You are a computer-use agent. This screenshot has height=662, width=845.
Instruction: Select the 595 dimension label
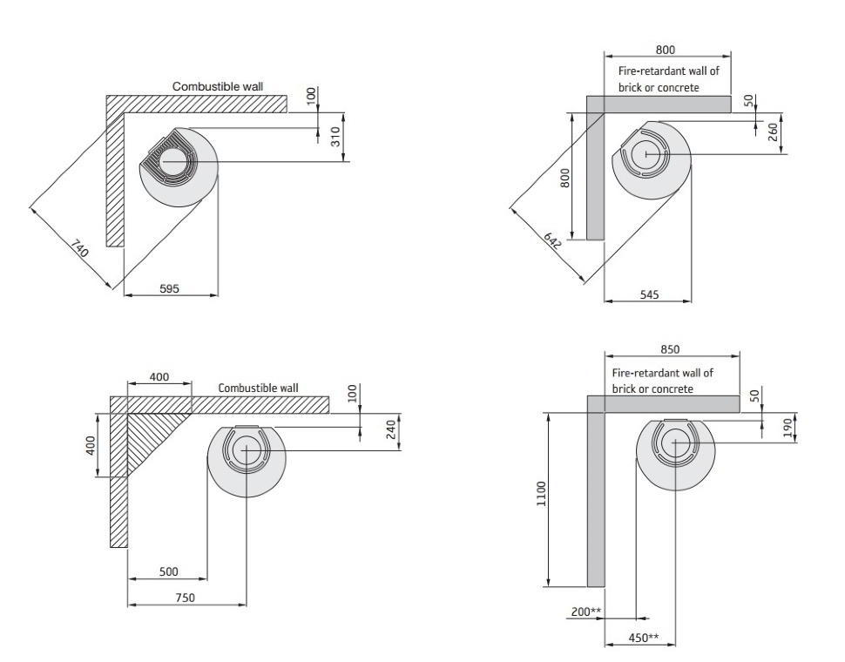click(x=169, y=288)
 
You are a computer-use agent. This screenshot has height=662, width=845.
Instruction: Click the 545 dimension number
click(x=648, y=294)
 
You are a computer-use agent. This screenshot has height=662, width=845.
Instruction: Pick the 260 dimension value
click(x=773, y=133)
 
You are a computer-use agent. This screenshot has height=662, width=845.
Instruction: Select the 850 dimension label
click(x=671, y=348)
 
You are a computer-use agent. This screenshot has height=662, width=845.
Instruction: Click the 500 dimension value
click(x=168, y=571)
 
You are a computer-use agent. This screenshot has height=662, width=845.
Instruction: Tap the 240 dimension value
click(x=391, y=430)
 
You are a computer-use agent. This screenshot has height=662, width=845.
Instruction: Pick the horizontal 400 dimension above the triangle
click(x=158, y=377)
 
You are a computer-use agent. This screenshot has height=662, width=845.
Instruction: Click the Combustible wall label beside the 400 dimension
click(x=258, y=388)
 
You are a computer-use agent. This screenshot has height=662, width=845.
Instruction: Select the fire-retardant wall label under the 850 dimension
click(x=661, y=381)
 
